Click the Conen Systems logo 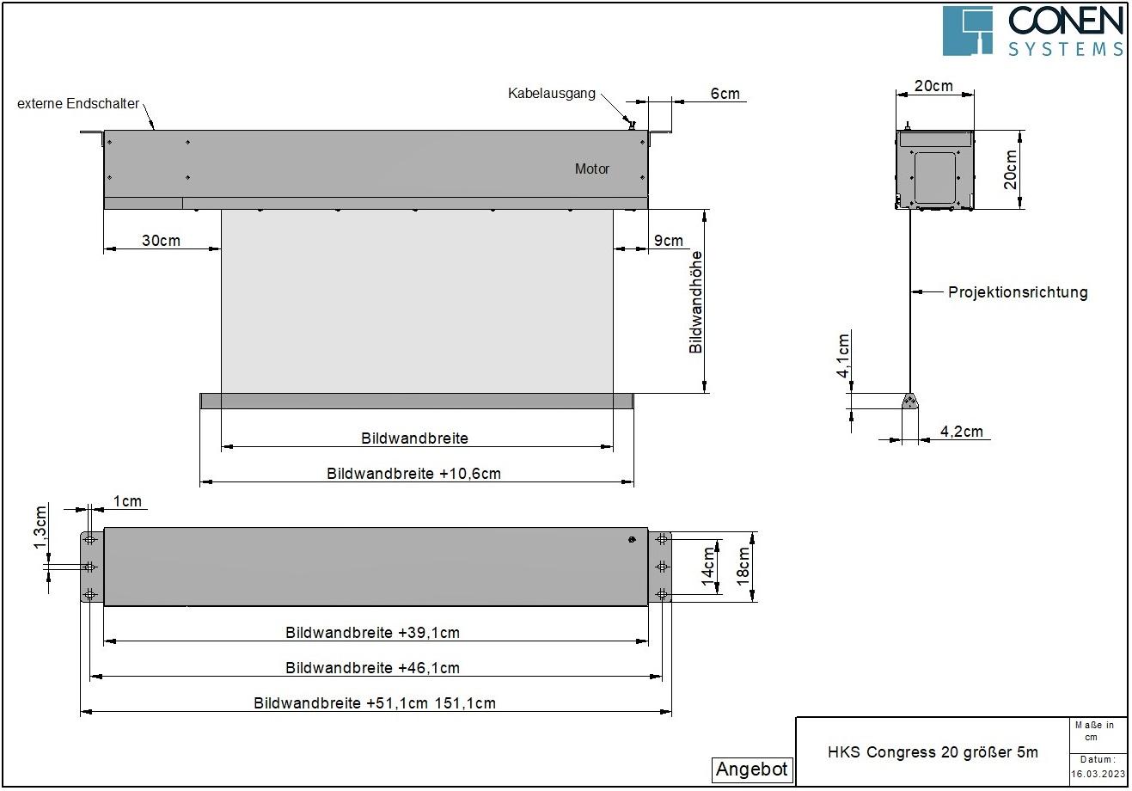1032,30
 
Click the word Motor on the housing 591,169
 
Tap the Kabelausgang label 551,94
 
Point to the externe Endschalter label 78,104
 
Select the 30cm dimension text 161,241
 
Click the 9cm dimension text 668,241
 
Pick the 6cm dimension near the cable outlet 725,94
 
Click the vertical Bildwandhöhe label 696,303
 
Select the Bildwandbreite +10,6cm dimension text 413,474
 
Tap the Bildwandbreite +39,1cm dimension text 372,633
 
